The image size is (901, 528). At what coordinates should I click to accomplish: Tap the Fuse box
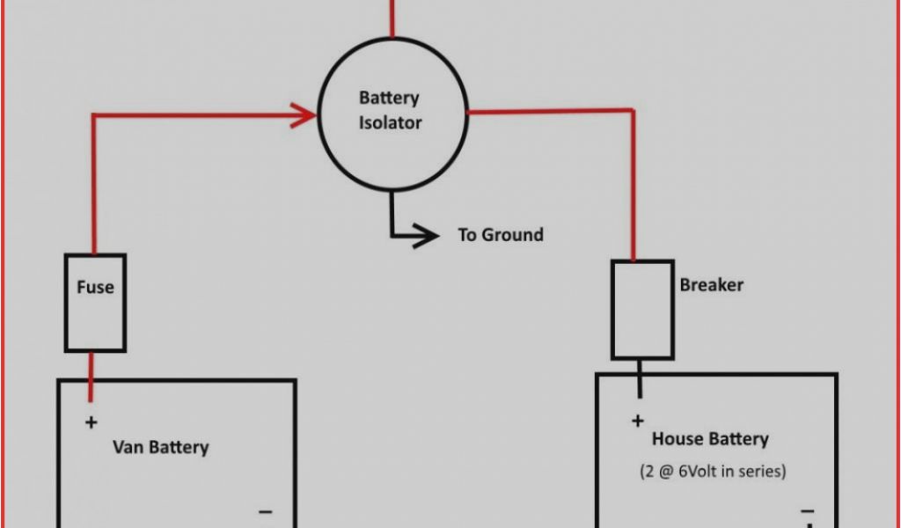coord(95,303)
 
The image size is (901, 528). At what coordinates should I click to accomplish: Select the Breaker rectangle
coord(642,309)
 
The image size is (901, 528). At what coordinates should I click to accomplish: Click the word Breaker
coord(711,285)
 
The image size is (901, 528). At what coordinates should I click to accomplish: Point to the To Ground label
coord(500,235)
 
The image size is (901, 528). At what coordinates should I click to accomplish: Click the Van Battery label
coord(160,447)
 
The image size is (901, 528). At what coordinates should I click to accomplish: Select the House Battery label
coord(709,439)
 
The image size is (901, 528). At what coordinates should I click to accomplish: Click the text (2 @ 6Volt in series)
coord(713,472)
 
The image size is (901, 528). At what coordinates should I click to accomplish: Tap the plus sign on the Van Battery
coord(91,423)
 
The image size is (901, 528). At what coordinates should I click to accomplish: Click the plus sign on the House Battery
coord(638,422)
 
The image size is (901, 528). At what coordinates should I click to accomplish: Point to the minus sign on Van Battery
coord(265,511)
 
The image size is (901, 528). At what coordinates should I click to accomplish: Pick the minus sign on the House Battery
coord(807,511)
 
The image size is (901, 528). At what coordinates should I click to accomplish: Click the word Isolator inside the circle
coord(390,123)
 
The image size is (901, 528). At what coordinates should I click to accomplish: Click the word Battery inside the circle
coord(389,98)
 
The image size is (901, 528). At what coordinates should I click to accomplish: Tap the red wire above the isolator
coord(392,18)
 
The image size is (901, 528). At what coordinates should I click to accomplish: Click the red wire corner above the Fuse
coord(94,115)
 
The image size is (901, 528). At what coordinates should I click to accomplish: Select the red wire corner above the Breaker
coord(633,111)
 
